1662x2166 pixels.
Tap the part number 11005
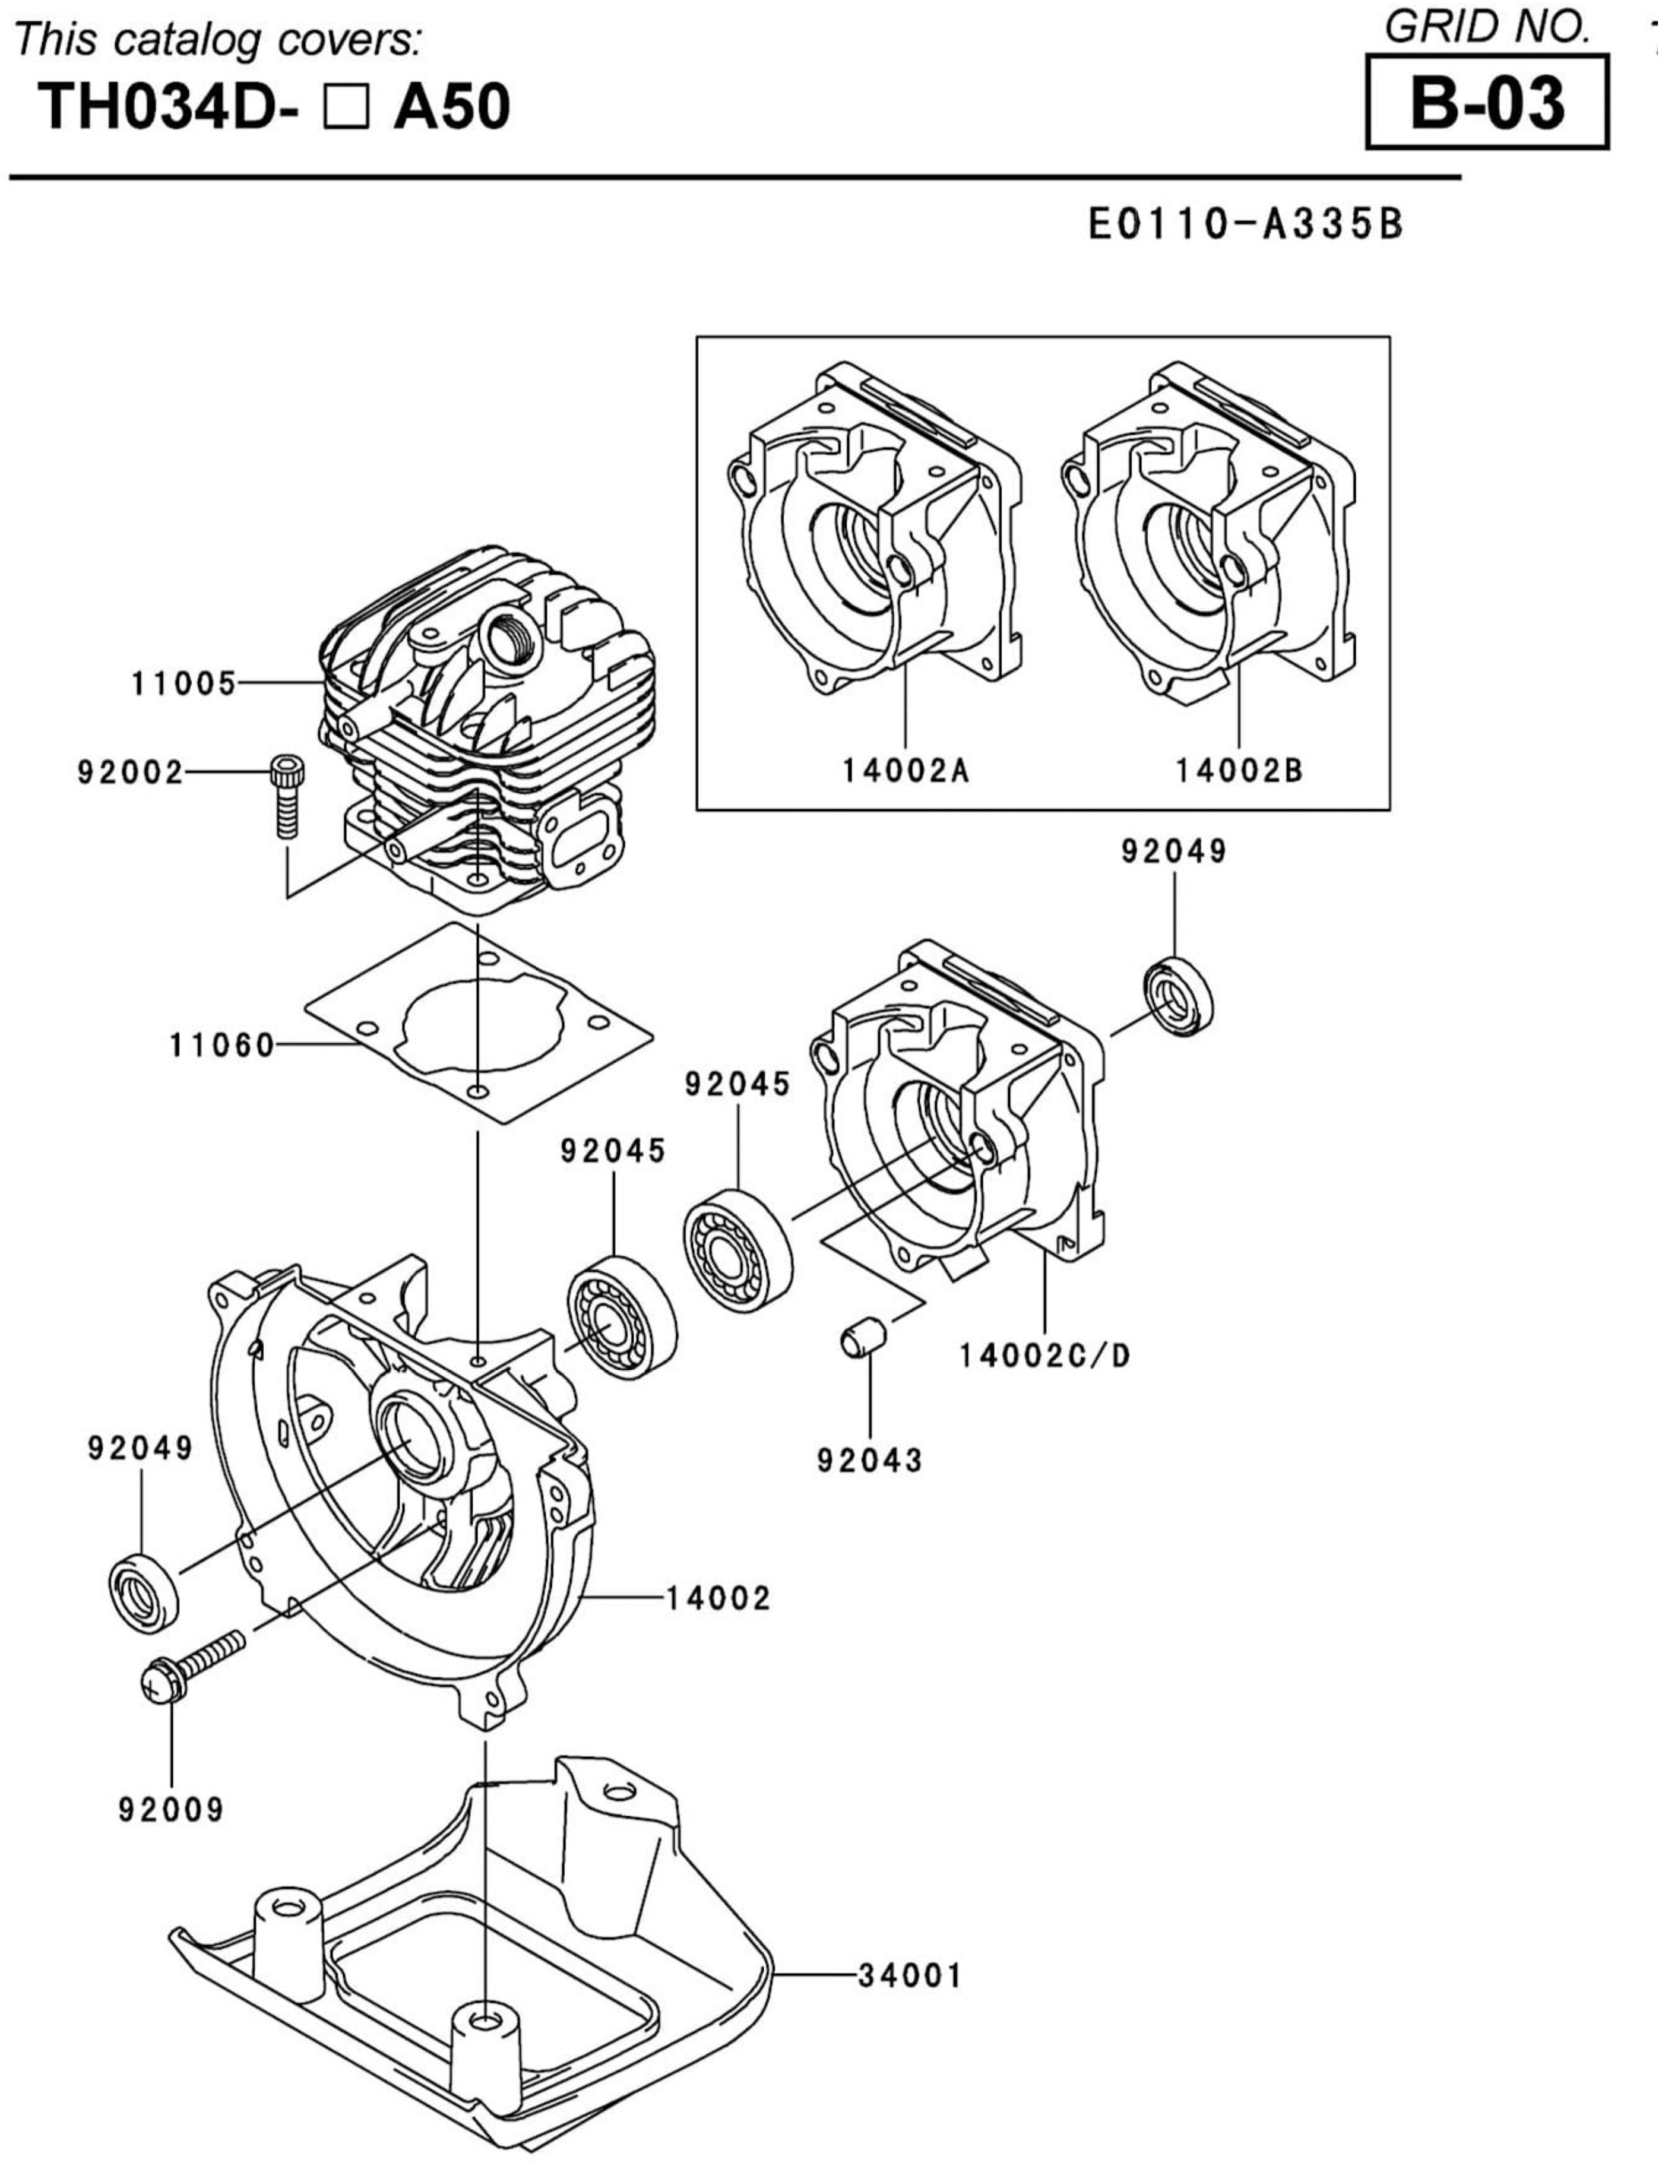click(x=184, y=683)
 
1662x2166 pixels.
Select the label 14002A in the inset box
click(x=905, y=771)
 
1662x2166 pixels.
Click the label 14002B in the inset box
click(x=1239, y=771)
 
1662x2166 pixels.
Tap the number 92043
click(x=869, y=1461)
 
